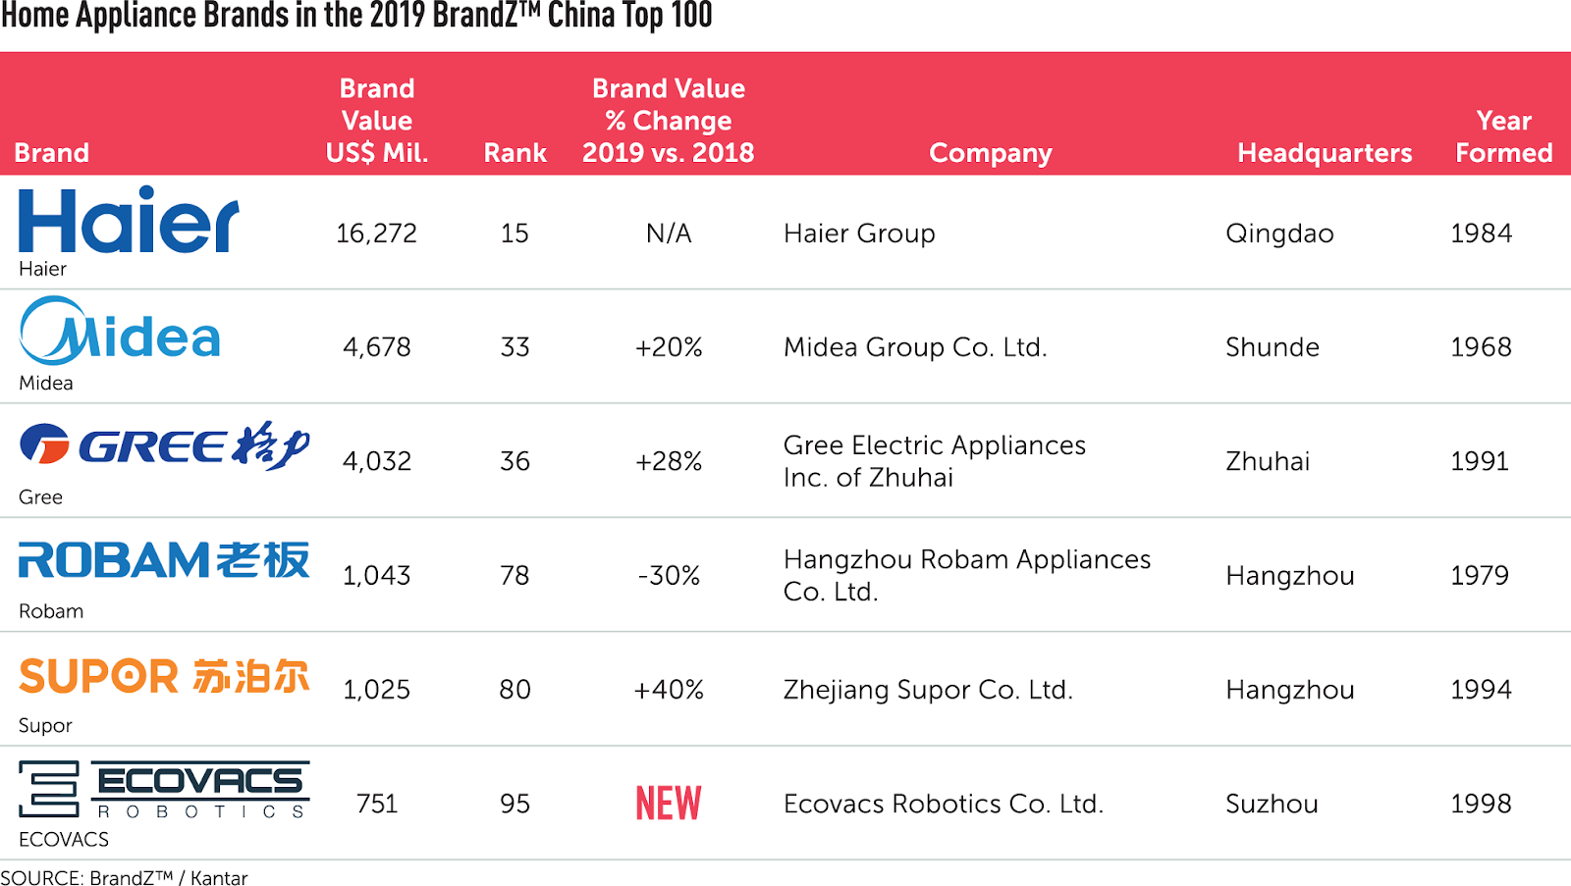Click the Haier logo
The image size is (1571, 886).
tap(129, 220)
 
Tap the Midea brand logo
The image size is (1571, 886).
tap(120, 332)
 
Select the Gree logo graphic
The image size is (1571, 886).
tap(164, 445)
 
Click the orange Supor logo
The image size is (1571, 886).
tap(164, 676)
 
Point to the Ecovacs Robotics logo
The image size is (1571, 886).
tap(164, 789)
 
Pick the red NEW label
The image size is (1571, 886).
tap(669, 804)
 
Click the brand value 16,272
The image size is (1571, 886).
tap(376, 234)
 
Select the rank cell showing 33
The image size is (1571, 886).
tap(515, 347)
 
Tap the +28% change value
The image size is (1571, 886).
tap(669, 461)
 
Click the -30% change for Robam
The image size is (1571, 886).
tap(669, 576)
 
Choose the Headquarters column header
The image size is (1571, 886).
tap(1325, 153)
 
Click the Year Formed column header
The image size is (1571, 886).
tap(1503, 136)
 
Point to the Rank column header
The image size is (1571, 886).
tap(515, 153)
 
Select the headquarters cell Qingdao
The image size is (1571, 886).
tap(1279, 234)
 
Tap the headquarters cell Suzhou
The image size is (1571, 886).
tap(1272, 804)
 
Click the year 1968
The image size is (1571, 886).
tap(1481, 347)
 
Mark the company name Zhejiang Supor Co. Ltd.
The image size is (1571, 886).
tap(928, 690)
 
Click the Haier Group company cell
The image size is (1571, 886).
tap(859, 234)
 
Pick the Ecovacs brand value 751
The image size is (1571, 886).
tap(377, 804)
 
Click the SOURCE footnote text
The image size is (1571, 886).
tap(125, 877)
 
